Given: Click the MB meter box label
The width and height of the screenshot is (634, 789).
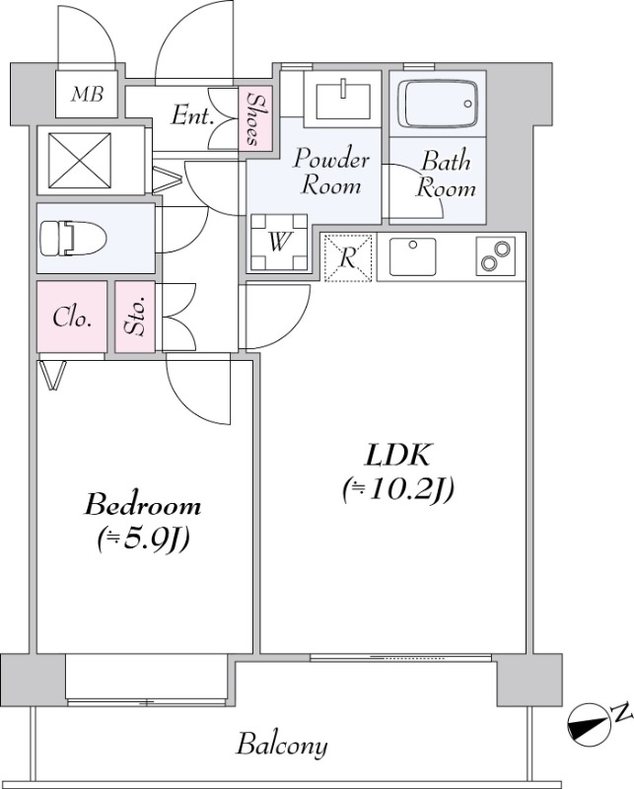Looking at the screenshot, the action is [x=87, y=94].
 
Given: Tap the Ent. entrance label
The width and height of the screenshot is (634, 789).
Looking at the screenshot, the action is [x=192, y=115].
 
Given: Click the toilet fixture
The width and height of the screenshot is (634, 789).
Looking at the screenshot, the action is [x=73, y=237].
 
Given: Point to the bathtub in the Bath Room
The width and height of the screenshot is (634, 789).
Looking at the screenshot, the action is [x=437, y=105].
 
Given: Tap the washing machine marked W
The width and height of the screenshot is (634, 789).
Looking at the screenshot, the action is [x=279, y=242].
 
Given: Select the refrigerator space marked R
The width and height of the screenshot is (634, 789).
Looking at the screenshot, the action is [x=347, y=257].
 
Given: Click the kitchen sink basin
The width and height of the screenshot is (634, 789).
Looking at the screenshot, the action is [x=412, y=256].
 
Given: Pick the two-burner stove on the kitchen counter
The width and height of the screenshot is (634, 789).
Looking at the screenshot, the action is [x=496, y=256].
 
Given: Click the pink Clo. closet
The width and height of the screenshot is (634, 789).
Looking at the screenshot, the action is [x=72, y=317].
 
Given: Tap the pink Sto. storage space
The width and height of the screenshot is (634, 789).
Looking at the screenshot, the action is [x=134, y=317].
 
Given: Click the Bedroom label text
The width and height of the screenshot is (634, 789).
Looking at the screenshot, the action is [x=142, y=505].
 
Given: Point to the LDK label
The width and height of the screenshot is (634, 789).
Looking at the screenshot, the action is [x=398, y=455].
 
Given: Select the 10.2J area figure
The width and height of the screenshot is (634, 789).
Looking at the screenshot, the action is [x=398, y=489].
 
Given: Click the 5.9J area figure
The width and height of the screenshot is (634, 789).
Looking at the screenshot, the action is [x=143, y=538].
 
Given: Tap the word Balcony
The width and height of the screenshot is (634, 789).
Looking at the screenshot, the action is [x=282, y=746].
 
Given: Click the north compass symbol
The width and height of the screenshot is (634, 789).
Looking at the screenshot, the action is [x=589, y=724].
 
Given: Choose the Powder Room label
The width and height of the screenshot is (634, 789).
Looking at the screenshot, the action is [x=331, y=172].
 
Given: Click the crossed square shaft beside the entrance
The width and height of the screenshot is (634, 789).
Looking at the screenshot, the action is [x=81, y=161].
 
